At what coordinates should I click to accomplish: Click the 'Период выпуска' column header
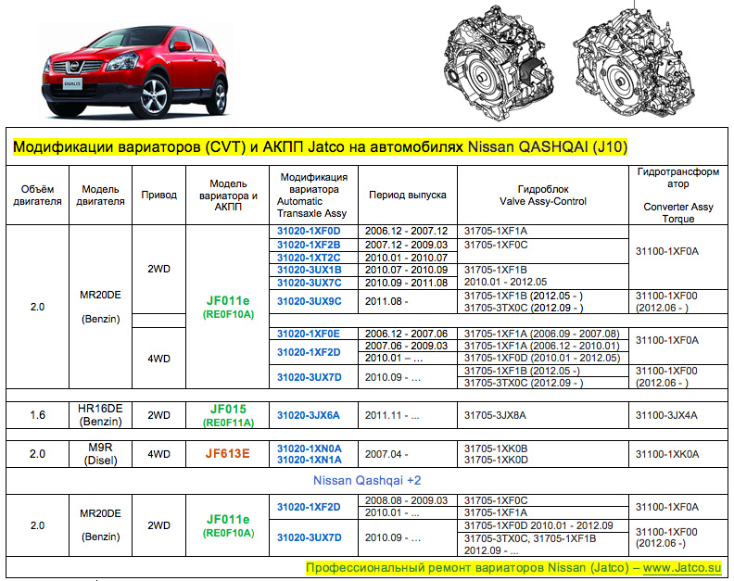pyautogui.click(x=407, y=195)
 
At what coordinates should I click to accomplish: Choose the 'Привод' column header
pyautogui.click(x=158, y=195)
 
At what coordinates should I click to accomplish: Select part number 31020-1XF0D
pyautogui.click(x=309, y=231)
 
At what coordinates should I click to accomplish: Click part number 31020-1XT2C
pyautogui.click(x=309, y=257)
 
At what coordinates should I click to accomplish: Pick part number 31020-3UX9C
pyautogui.click(x=309, y=301)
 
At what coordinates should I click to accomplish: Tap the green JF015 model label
pyautogui.click(x=228, y=409)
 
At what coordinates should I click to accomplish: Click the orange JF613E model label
pyautogui.click(x=228, y=454)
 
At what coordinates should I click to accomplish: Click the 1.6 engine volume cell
pyautogui.click(x=37, y=415)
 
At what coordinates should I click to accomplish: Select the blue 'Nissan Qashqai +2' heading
pyautogui.click(x=368, y=481)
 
